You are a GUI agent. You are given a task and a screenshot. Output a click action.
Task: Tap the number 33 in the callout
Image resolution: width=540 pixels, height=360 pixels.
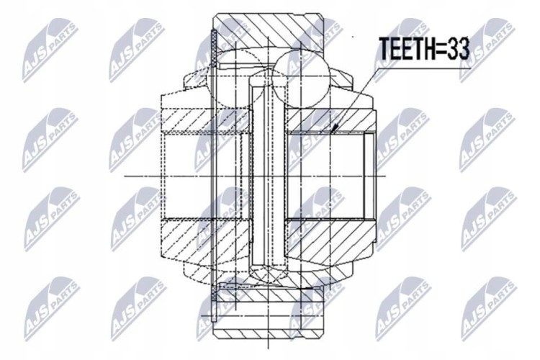point(456,48)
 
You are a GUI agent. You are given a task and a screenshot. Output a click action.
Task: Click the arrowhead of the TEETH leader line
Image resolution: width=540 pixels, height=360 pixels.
point(333,129)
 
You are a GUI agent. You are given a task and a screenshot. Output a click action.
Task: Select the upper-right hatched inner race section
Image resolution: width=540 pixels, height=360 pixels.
point(330,120)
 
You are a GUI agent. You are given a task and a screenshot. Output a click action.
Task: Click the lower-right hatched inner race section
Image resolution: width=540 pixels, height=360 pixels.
point(330,240)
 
